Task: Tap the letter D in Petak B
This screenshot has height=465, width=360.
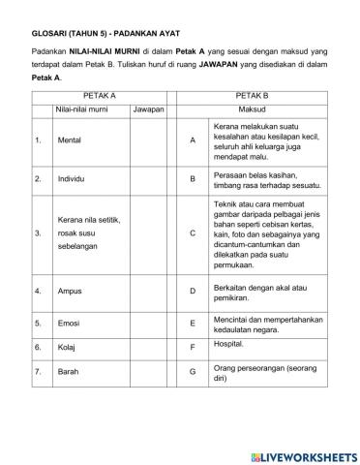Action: click(x=193, y=291)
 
